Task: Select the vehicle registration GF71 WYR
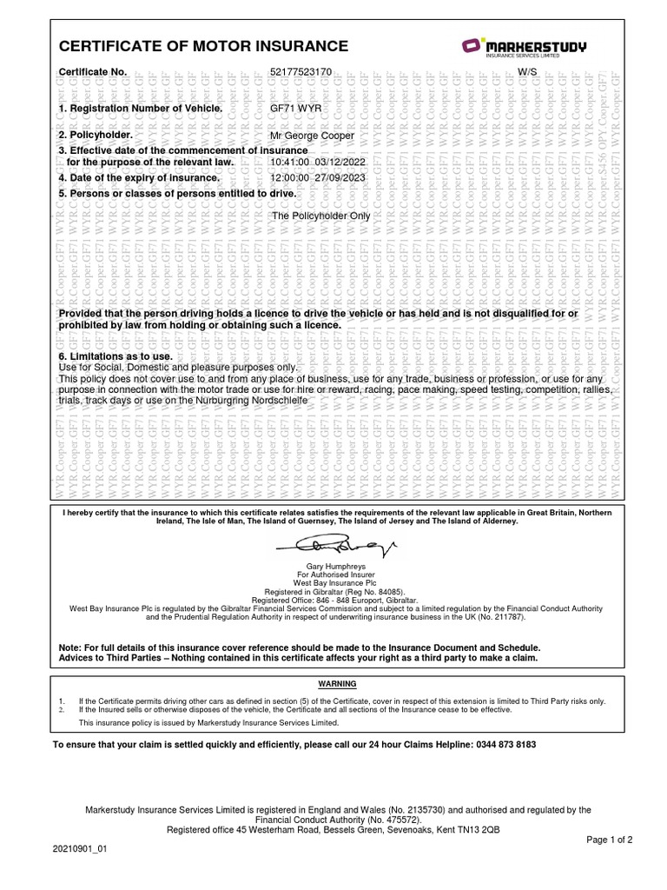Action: click(295, 109)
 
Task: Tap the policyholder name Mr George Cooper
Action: click(313, 136)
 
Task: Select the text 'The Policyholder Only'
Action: click(321, 215)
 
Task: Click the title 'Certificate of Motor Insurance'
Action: click(203, 46)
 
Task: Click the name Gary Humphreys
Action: click(333, 566)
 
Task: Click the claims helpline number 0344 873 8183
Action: click(505, 745)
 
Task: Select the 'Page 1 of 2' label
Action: click(610, 840)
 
